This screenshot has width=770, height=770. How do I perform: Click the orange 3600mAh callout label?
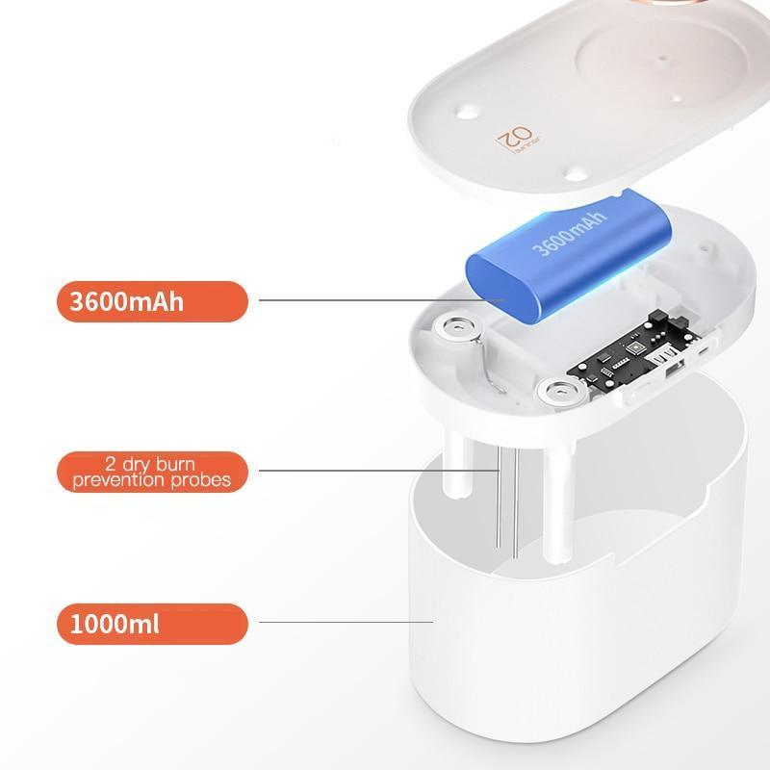coord(152,301)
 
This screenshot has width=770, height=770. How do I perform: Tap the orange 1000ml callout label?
coord(152,624)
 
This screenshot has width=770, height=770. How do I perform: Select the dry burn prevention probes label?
coord(152,471)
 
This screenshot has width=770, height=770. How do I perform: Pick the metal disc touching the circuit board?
coord(559,392)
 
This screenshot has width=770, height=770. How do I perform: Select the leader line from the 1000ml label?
coord(346,622)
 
